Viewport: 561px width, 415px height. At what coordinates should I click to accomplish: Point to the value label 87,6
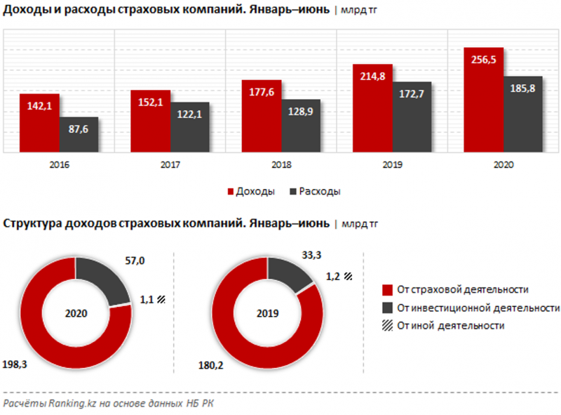click(79, 129)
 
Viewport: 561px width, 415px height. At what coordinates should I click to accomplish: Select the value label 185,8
click(522, 88)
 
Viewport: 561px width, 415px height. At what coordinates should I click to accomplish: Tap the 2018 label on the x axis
click(281, 165)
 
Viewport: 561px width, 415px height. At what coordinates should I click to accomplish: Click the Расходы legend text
click(320, 191)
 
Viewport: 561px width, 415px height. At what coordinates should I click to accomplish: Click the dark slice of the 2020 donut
click(105, 279)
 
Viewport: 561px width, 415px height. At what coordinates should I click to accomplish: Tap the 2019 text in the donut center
click(267, 312)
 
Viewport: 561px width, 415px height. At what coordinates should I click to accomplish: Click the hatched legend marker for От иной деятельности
click(386, 326)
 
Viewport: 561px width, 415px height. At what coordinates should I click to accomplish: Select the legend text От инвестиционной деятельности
click(478, 308)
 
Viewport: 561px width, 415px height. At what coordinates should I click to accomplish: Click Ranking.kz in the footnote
click(69, 404)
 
